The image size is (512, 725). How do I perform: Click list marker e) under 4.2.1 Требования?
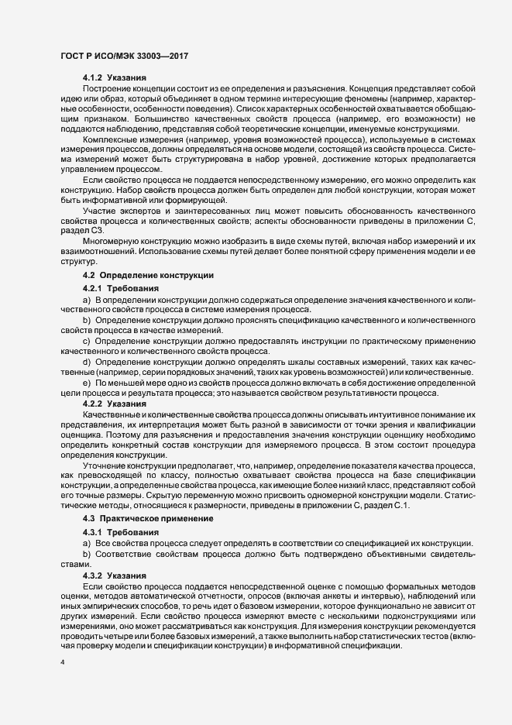86,383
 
